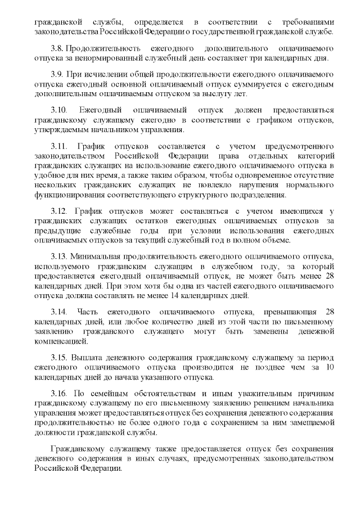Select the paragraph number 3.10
click(60, 110)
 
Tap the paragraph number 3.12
click(60, 211)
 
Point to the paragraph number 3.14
click(60, 312)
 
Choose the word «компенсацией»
click(61, 341)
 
